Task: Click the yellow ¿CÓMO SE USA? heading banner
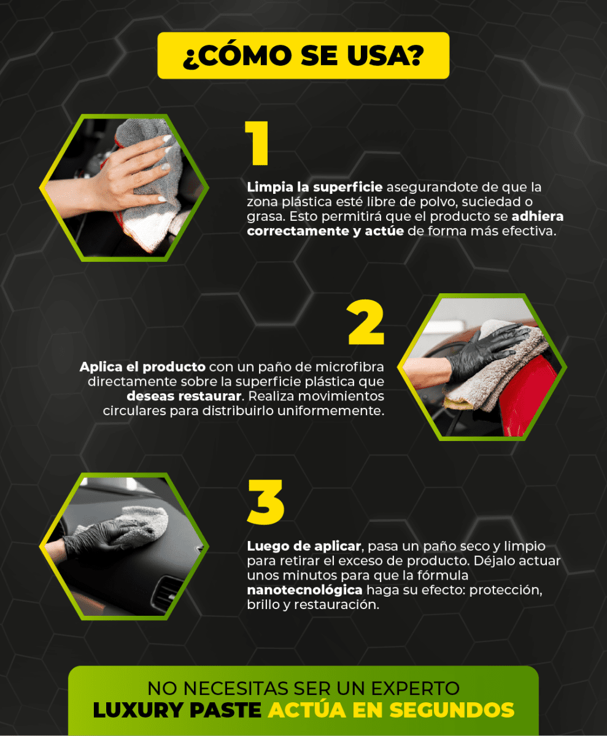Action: [x=303, y=55]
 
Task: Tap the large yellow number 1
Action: [x=257, y=143]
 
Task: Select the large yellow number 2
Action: [x=366, y=322]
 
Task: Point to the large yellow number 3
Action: [x=266, y=502]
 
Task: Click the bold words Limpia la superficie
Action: [x=315, y=187]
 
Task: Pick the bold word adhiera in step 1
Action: [x=538, y=217]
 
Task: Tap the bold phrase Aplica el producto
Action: [x=142, y=367]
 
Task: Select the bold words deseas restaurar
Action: [x=184, y=396]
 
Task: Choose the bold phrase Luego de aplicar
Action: [x=304, y=546]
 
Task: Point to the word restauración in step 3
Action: [x=337, y=605]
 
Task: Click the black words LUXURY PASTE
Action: [x=177, y=710]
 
